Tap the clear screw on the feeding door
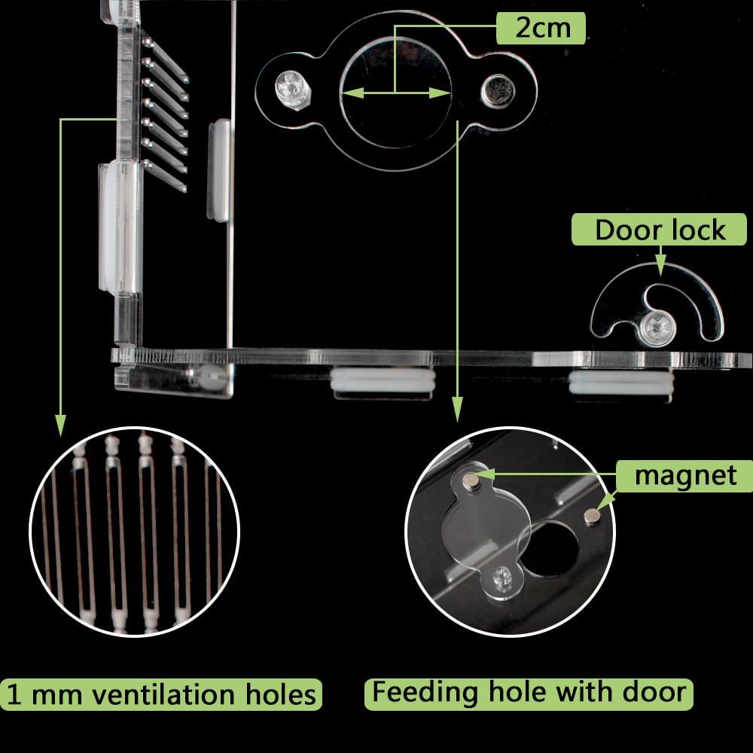pyautogui.click(x=294, y=90)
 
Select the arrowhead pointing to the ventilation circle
pyautogui.click(x=60, y=425)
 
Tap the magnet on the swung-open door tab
pyautogui.click(x=473, y=480)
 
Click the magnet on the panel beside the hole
pyautogui.click(x=592, y=517)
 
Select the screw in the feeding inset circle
pyautogui.click(x=502, y=575)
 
